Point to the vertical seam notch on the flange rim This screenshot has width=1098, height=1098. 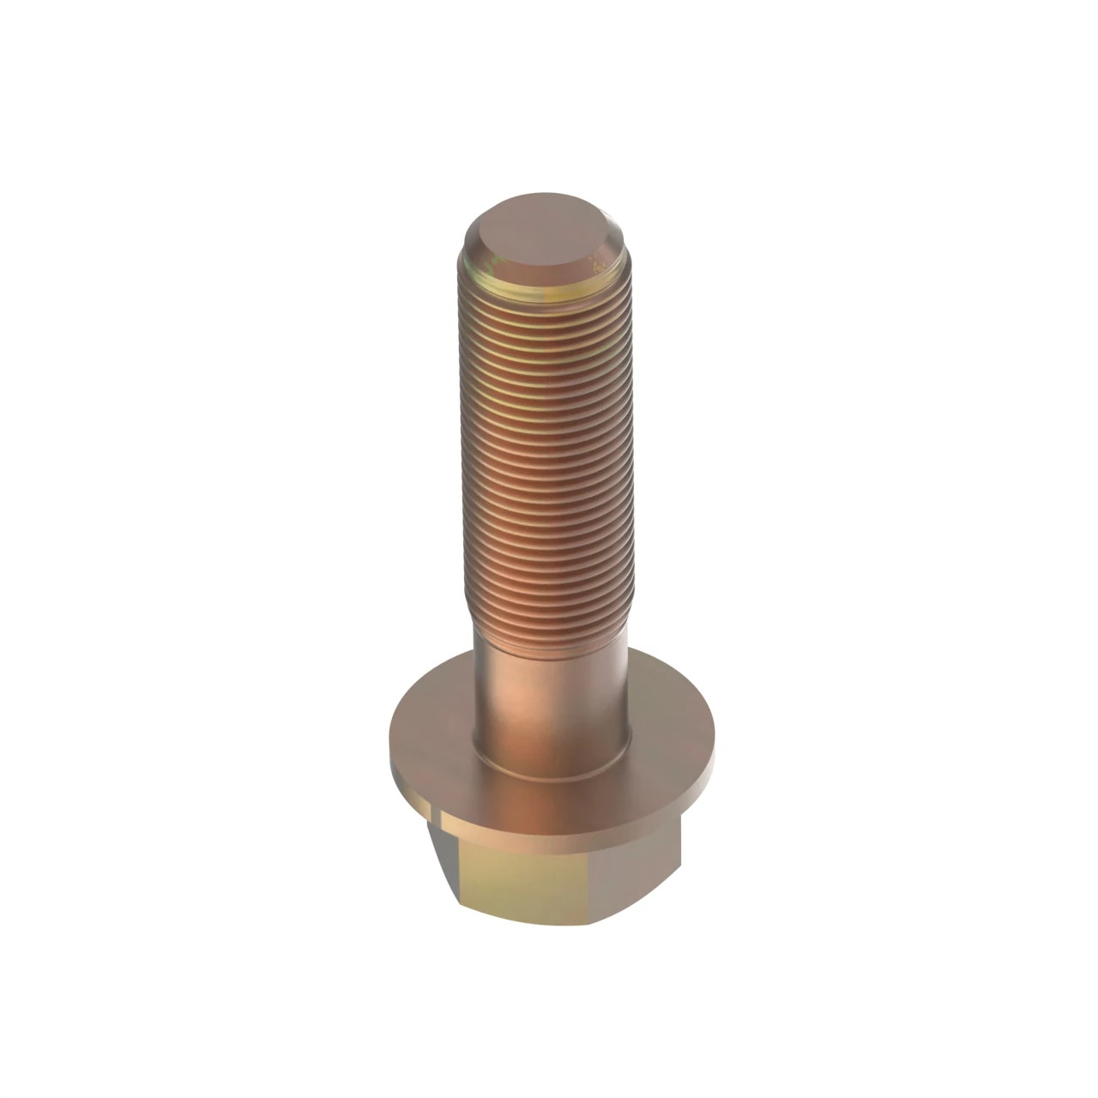[x=438, y=811]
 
